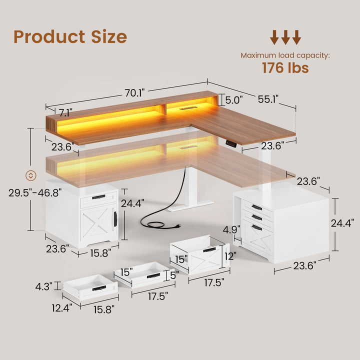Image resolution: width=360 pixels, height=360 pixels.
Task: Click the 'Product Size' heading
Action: (70, 36)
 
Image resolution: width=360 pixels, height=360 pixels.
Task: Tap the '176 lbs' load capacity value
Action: (285, 68)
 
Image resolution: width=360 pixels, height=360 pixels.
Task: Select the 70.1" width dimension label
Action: (134, 93)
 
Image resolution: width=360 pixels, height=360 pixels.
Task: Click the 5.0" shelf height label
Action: (233, 100)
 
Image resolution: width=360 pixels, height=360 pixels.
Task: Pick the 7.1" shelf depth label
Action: (65, 112)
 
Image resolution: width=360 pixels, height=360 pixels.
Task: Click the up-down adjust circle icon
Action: (31, 175)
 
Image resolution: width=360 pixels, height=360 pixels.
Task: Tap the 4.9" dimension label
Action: (231, 229)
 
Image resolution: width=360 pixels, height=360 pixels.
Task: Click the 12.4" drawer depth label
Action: (62, 308)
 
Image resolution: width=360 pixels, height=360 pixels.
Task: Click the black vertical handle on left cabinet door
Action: (116, 218)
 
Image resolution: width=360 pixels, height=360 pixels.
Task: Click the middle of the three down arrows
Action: (285, 37)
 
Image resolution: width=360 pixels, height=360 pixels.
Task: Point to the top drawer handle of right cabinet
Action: (256, 207)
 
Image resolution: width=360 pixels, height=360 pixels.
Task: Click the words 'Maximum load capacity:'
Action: (285, 55)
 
